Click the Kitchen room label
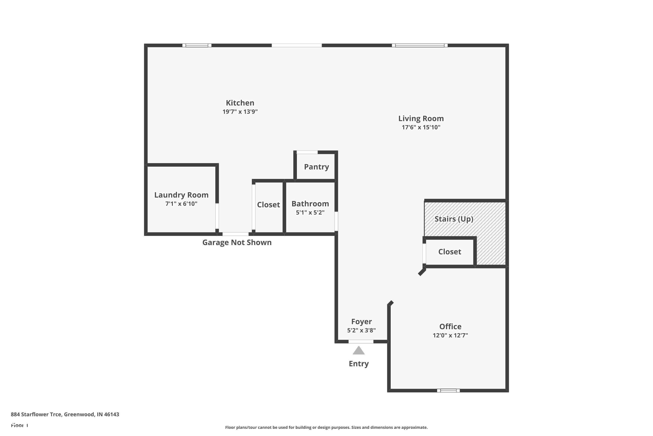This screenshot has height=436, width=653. point(240,103)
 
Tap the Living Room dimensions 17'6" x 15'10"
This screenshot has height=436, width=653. point(421,127)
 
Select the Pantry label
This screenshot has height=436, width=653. point(316,167)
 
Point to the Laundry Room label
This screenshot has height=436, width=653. point(181,195)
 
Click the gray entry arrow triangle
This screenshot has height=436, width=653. point(358,351)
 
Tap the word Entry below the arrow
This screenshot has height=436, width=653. point(358,364)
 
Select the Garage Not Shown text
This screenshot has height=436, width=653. point(237,242)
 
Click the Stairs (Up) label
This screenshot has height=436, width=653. point(454,219)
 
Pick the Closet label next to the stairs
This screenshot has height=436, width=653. point(449,252)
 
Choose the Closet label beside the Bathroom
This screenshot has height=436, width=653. point(268,205)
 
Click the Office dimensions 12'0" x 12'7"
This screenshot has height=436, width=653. point(450,335)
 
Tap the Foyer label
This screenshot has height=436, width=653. point(361,322)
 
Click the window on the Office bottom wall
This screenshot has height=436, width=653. point(448,391)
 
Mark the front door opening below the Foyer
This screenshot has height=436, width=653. point(361,341)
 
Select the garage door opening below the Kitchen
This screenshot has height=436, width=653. point(236,234)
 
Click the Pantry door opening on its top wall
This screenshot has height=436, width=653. point(307,152)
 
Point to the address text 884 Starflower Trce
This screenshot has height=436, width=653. point(65,414)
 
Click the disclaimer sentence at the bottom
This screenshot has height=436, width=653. point(326,427)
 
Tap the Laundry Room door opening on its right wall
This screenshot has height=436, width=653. point(217,216)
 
